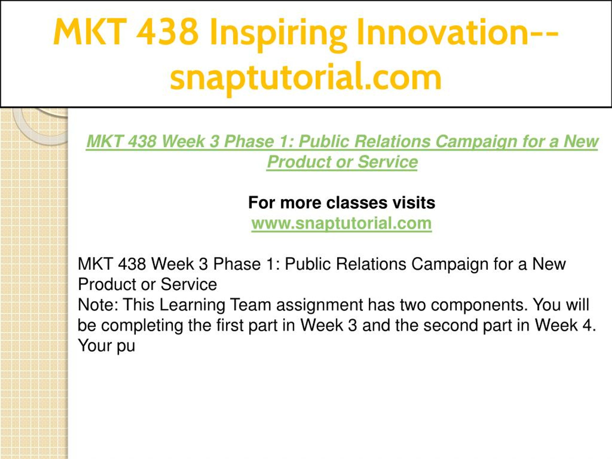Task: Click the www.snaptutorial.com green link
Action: click(341, 224)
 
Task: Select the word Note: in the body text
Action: click(98, 305)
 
